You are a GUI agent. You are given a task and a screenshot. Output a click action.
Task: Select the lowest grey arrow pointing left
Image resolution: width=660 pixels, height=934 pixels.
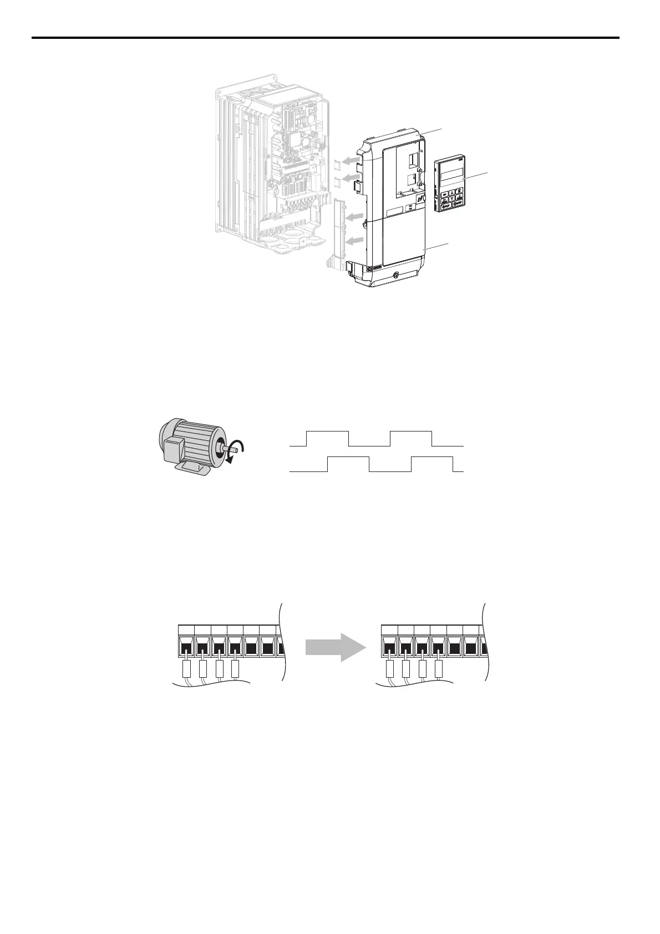coord(354,241)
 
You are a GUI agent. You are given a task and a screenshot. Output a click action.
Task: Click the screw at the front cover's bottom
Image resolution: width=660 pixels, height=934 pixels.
coord(395,275)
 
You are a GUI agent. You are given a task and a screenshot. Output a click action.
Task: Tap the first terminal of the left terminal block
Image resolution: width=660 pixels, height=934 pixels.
coord(186,646)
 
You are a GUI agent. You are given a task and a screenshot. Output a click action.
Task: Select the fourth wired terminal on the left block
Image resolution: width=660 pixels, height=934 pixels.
coord(235,646)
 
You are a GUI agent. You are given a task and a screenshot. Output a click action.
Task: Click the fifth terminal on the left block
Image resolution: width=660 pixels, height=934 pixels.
coord(251,646)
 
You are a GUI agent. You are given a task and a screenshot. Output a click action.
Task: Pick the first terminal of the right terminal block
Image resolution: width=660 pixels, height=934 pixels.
coord(390,646)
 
